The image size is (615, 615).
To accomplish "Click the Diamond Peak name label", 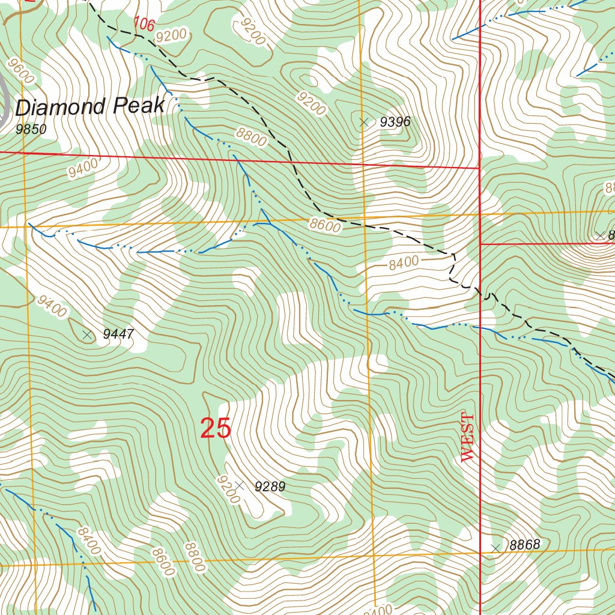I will tap(89, 107).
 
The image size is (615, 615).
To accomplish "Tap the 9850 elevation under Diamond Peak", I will tap(31, 129).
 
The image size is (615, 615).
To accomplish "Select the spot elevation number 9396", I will tap(395, 123).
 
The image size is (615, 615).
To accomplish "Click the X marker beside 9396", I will tap(363, 123).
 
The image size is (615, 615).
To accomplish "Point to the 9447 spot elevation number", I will tap(118, 335).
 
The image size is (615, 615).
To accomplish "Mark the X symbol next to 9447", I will tap(88, 335).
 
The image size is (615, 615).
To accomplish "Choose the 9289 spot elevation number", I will tap(270, 486).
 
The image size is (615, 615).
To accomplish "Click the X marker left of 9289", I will tap(239, 485).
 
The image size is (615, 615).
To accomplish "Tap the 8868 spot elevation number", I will tap(525, 545).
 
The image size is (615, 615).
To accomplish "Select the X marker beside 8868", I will tap(495, 548).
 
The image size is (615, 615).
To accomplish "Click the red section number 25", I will tap(215, 429).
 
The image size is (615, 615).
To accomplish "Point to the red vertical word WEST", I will tap(468, 437).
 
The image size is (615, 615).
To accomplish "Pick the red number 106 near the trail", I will tap(144, 25).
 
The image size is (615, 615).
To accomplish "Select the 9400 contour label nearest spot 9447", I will tap(52, 306).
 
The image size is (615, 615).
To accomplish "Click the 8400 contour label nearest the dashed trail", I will tap(403, 262).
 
